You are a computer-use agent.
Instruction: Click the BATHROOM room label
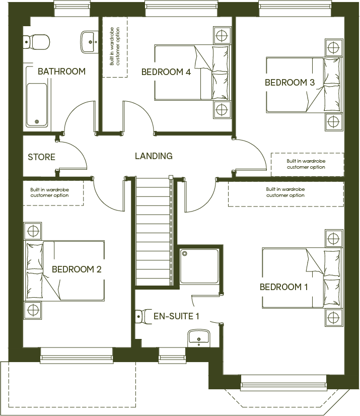point(61,72)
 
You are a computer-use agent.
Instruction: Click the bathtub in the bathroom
point(37,105)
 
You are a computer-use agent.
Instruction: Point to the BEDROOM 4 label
point(166,72)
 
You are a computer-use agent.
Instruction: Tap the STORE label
point(41,157)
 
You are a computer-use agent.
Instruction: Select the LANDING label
point(154,156)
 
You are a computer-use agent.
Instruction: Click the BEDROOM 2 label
point(77,269)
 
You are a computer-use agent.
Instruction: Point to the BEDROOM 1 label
point(283,287)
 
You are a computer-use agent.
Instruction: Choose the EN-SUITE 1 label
point(176,316)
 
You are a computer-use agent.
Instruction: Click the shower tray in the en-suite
point(199,266)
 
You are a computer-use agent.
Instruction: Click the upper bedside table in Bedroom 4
point(221,35)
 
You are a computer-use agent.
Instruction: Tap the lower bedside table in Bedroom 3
point(332,121)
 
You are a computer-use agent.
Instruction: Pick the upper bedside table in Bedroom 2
point(33,231)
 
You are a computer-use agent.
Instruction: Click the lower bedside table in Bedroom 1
point(333,317)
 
